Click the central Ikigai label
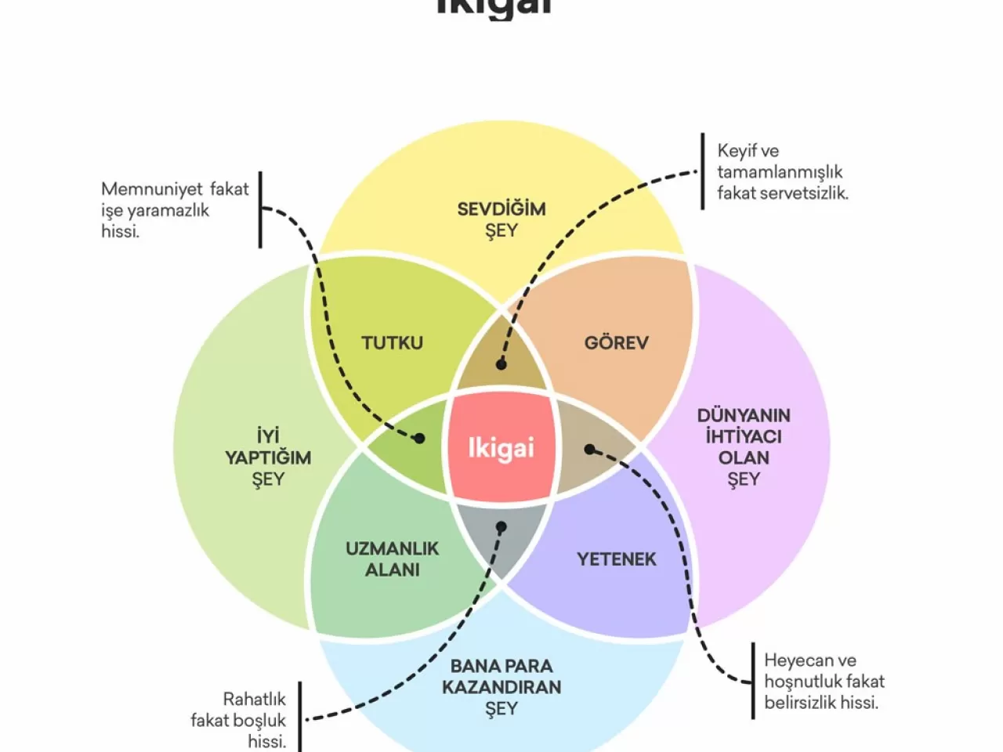501,448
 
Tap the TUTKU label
392,342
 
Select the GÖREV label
616,342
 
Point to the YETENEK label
616,559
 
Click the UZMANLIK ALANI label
392,559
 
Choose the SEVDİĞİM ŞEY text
501,219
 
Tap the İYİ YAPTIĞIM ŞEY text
268,457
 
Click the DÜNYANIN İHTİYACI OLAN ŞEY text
744,447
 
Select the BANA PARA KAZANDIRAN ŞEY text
501,687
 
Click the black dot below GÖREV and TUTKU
501,364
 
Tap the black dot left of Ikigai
419,439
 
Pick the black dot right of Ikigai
590,450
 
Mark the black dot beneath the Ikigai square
501,527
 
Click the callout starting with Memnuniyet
174,210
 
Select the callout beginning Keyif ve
782,172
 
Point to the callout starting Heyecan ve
824,681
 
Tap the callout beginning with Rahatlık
239,720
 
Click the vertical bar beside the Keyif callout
702,172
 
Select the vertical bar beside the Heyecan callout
753,681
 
